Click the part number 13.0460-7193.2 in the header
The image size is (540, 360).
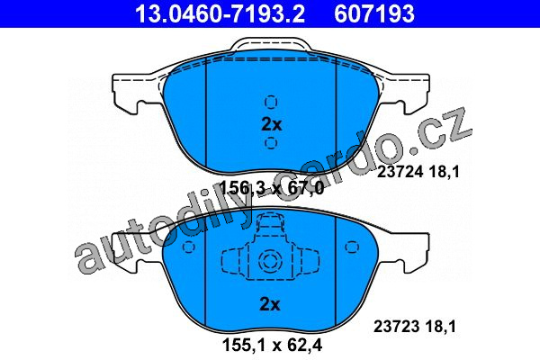pyautogui.click(x=220, y=13)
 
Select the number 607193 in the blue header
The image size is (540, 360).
pyautogui.click(x=374, y=13)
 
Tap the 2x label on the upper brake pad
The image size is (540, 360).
pyautogui.click(x=272, y=124)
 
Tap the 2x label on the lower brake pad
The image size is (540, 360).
pyautogui.click(x=270, y=304)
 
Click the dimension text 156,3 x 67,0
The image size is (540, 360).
pyautogui.click(x=272, y=188)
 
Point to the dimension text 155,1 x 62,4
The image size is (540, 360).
pyautogui.click(x=273, y=345)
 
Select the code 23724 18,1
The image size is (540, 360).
pyautogui.click(x=418, y=172)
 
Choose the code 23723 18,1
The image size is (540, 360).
pyautogui.click(x=415, y=326)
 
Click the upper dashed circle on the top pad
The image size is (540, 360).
pyautogui.click(x=271, y=103)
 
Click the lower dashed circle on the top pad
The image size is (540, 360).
pyautogui.click(x=271, y=142)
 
